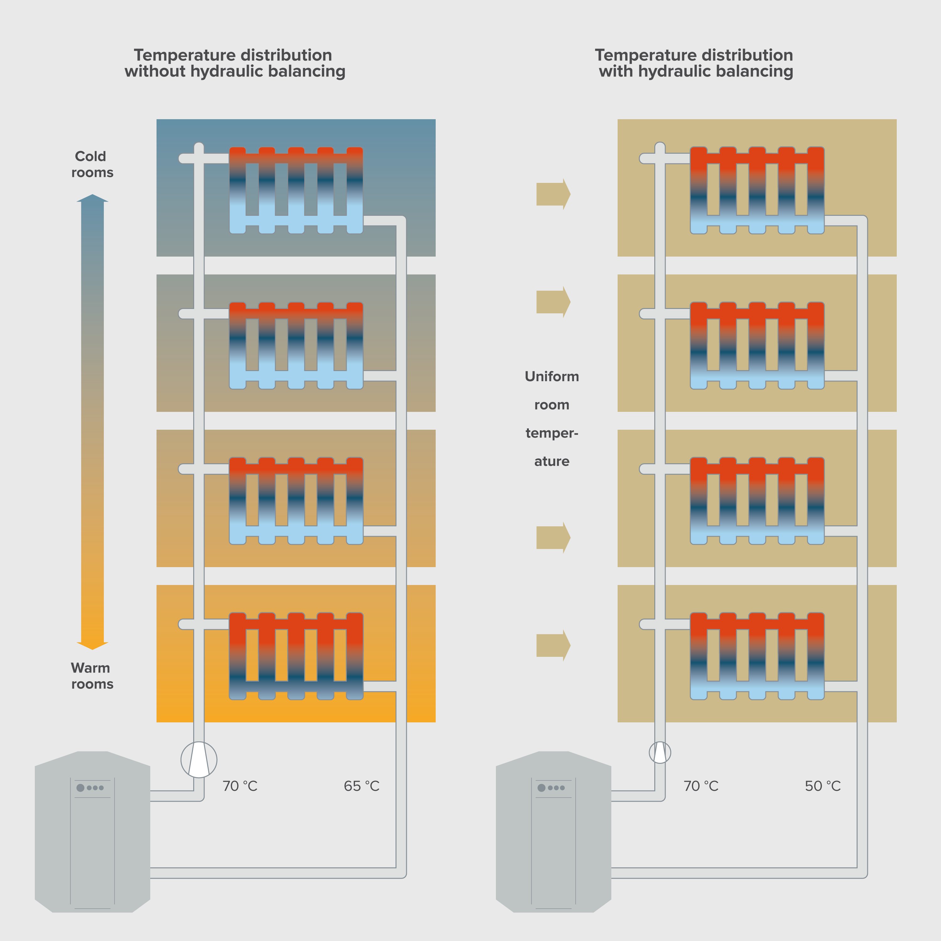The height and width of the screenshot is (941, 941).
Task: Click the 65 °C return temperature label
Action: pyautogui.click(x=361, y=786)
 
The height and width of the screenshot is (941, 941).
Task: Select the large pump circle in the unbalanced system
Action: pyautogui.click(x=199, y=759)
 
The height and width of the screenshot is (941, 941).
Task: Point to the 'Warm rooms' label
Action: pyautogui.click(x=92, y=676)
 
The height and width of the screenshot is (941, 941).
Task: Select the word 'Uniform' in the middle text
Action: pyautogui.click(x=551, y=376)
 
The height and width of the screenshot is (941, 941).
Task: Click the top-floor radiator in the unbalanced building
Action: pyautogui.click(x=296, y=190)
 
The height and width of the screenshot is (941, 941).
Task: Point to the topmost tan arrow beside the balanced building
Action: pyautogui.click(x=553, y=194)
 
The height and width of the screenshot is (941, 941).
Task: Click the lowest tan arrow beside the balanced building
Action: pyautogui.click(x=553, y=645)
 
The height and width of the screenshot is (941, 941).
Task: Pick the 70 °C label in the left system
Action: pyautogui.click(x=240, y=786)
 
